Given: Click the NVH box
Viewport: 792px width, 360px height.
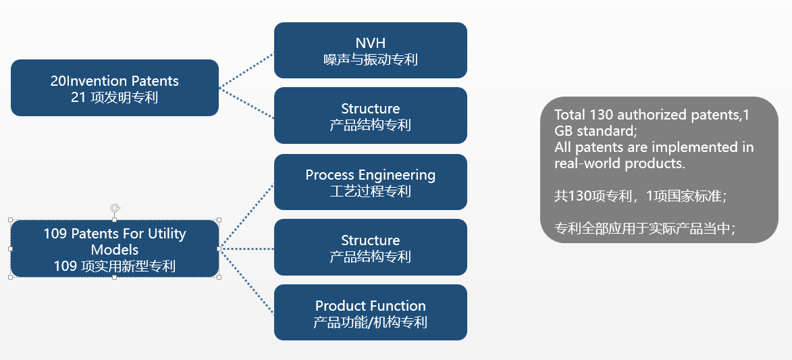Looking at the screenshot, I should (370, 50).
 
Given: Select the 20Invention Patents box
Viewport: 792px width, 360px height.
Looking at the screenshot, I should (115, 88).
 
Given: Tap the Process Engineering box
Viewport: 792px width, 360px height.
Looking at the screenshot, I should (370, 182).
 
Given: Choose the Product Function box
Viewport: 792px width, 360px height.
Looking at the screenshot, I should (370, 312).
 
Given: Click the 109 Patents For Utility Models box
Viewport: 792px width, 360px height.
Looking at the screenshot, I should (115, 249).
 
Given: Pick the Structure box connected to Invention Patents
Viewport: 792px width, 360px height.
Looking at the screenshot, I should (370, 115).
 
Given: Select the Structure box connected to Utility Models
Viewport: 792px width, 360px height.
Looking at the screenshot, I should (370, 247).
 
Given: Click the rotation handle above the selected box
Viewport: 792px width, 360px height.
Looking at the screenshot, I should (115, 209).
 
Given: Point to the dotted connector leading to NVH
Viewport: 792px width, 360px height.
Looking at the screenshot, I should (246, 70).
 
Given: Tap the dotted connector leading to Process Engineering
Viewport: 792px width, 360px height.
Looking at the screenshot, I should (246, 216).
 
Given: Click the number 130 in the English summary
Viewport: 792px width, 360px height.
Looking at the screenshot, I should (602, 115).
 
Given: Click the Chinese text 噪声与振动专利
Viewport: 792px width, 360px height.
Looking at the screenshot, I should (370, 59).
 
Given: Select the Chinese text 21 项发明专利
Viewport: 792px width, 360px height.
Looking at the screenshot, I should (114, 97).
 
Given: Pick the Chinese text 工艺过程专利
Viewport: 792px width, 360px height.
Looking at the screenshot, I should (370, 191).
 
